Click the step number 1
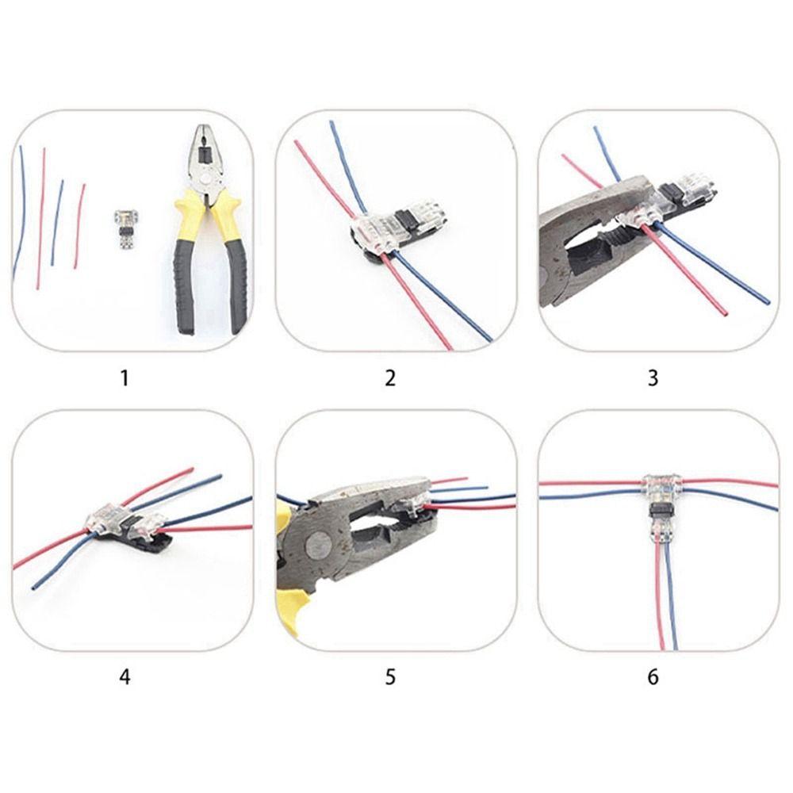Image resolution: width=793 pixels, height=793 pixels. [124, 377]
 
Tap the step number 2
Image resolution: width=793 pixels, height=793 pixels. [389, 377]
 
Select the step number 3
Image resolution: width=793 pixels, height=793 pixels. [653, 377]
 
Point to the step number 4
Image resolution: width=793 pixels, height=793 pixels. [124, 677]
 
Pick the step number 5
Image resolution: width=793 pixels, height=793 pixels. [389, 677]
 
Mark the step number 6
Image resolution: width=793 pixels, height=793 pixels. [653, 677]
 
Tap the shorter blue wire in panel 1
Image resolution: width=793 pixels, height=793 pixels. [57, 222]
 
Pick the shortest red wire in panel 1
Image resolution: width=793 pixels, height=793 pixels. [79, 226]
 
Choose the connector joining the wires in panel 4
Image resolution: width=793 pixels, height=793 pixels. [127, 523]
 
